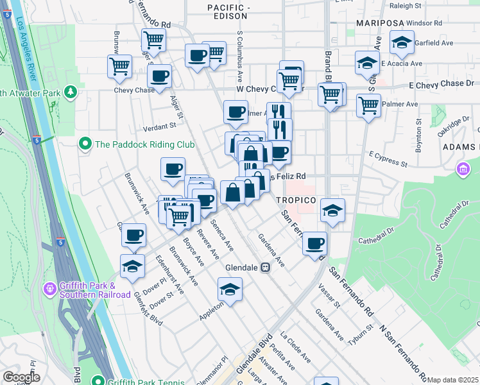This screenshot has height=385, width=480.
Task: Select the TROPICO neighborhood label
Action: [x=296, y=200]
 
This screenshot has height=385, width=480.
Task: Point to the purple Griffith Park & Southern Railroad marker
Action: [x=49, y=289]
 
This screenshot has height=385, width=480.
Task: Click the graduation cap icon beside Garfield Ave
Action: [x=402, y=44]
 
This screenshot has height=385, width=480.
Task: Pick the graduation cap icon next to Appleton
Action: [x=230, y=290]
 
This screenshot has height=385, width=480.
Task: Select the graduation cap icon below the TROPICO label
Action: [x=332, y=210]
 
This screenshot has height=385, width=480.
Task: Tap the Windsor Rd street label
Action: [x=424, y=22]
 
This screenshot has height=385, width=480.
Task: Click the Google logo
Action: [x=21, y=377]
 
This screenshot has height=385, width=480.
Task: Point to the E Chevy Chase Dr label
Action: [x=441, y=84]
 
